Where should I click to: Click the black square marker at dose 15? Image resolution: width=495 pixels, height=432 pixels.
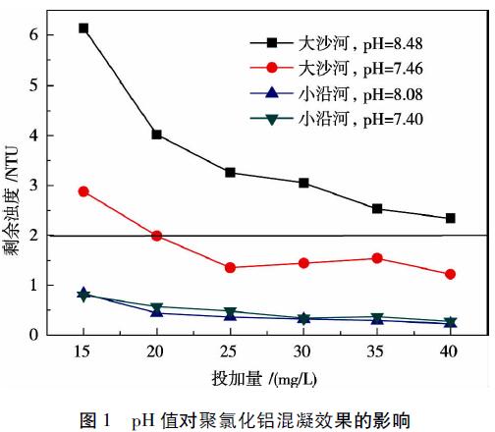pyautogui.click(x=83, y=28)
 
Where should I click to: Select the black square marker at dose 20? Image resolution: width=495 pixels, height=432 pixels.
pyautogui.click(x=157, y=135)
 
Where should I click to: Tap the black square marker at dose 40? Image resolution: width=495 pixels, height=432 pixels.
pyautogui.click(x=451, y=218)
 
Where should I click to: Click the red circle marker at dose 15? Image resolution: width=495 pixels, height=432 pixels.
pyautogui.click(x=83, y=191)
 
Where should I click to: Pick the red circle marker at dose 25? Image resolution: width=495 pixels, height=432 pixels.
pyautogui.click(x=230, y=268)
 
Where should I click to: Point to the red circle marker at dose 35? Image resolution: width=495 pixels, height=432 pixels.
pyautogui.click(x=377, y=258)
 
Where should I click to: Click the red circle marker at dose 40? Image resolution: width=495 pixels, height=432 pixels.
pyautogui.click(x=451, y=274)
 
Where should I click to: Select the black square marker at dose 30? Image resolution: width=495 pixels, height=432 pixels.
pyautogui.click(x=303, y=183)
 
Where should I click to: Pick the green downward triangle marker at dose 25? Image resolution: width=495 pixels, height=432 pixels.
pyautogui.click(x=230, y=312)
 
